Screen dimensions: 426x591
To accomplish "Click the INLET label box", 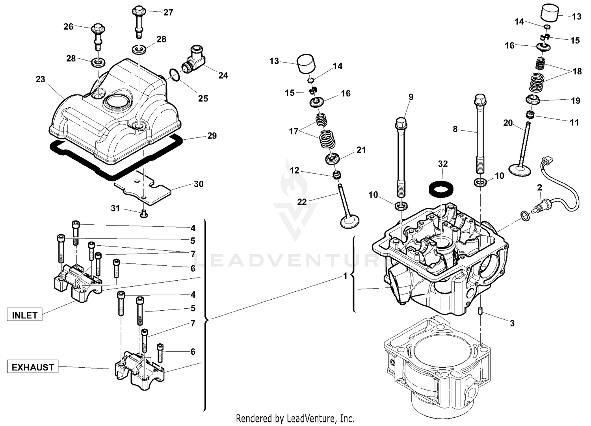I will click(x=24, y=315).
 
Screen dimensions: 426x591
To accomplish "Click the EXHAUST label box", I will click(x=33, y=367).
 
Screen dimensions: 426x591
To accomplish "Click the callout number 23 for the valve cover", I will click(x=40, y=79).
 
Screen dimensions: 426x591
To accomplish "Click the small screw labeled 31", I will click(x=144, y=213).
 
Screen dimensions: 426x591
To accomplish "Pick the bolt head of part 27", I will click(x=139, y=10).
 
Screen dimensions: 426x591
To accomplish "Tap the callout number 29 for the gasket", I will click(x=212, y=136).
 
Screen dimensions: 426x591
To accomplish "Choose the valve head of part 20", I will click(x=520, y=170).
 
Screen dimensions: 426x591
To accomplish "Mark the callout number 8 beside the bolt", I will click(x=455, y=129).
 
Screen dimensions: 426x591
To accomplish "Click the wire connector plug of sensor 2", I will click(x=547, y=161).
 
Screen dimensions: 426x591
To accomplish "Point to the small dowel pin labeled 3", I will click(x=481, y=311).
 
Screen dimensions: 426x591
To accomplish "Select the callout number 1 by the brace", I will click(x=345, y=276).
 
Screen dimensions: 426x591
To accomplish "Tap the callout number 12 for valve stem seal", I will click(x=294, y=170).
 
